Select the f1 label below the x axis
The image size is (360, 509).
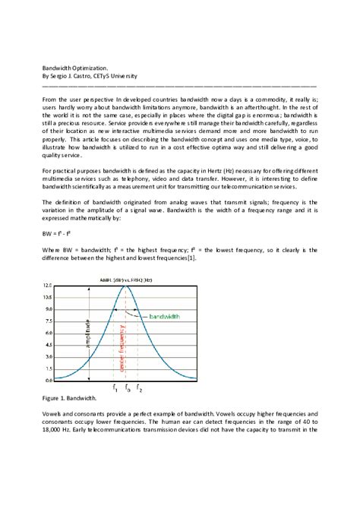[x=115, y=388]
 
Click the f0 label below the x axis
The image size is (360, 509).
[x=127, y=388]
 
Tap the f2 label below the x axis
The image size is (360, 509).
[x=138, y=388]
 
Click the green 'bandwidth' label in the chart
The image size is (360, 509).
[x=166, y=315]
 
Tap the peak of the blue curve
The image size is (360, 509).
[x=126, y=286]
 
